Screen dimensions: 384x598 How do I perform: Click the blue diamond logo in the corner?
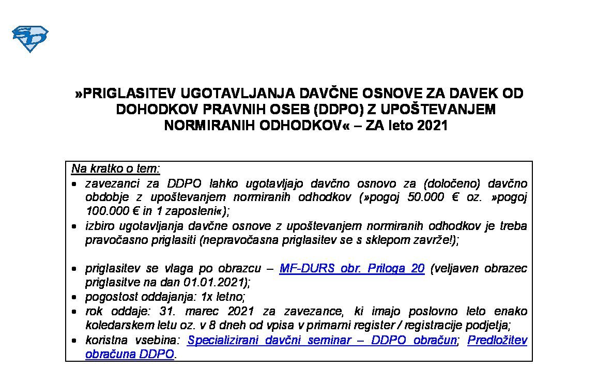29,38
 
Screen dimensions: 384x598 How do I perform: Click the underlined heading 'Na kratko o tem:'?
116,169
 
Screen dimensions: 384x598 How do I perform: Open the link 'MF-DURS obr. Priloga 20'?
351,268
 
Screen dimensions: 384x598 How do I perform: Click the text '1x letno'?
223,297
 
